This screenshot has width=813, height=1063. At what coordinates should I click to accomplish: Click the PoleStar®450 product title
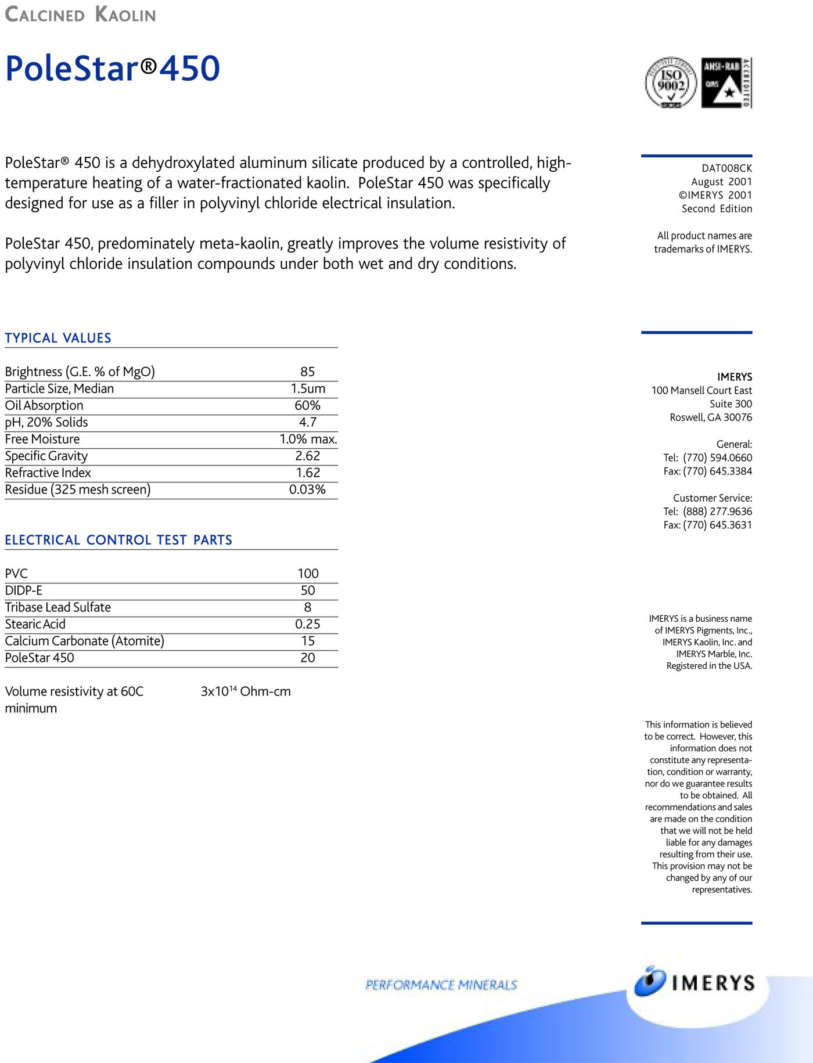pos(112,69)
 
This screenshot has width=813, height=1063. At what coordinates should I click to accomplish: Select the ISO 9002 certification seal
pos(671,82)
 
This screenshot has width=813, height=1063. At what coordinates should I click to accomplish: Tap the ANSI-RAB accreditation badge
pos(726,82)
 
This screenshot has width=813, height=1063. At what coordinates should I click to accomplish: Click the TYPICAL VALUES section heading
pos(58,338)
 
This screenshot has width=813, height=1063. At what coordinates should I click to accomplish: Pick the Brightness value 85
pos(308,372)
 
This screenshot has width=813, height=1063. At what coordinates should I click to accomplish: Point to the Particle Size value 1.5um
pos(308,388)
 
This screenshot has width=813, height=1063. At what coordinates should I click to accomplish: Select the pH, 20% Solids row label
pos(46,422)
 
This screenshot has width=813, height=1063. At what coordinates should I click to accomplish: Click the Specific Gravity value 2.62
pos(308,456)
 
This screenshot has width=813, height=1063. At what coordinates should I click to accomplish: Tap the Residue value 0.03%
pos(307,489)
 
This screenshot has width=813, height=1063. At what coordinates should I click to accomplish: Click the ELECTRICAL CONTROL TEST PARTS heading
pos(118,540)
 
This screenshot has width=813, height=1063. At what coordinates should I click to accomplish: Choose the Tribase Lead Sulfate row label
pos(58,607)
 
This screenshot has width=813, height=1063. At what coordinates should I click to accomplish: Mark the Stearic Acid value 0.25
pos(308,624)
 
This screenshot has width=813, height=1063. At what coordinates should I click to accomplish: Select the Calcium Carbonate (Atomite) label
pos(85,641)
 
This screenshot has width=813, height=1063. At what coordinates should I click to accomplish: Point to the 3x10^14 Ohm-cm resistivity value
pos(246,691)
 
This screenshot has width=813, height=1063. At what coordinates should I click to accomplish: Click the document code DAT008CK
pos(726,168)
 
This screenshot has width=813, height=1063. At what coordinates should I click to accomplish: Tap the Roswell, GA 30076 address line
pos(711,417)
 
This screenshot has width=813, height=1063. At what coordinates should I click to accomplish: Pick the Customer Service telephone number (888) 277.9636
pos(717,511)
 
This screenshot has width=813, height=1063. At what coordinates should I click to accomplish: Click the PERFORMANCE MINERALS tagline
pos(441,985)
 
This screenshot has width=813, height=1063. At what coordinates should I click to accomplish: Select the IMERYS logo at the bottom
pos(695,982)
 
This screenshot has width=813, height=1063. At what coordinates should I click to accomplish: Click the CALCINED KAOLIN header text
pos(81,15)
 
